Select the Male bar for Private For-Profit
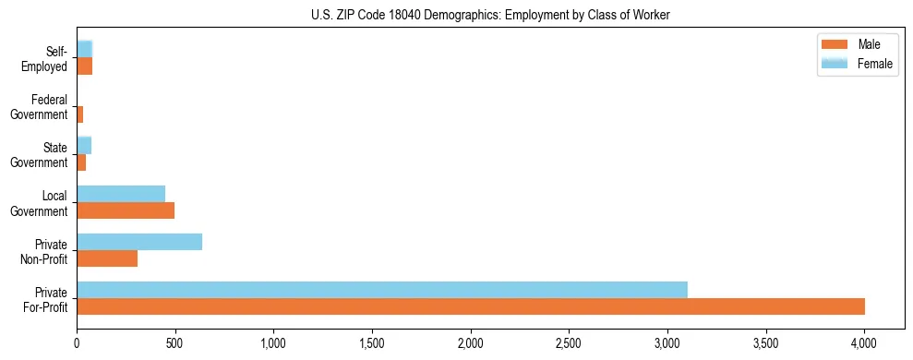(470, 306)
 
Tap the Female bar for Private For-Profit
(381, 289)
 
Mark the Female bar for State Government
(84, 145)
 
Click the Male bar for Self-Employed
(84, 66)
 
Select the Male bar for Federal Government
(80, 114)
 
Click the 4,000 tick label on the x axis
(863, 343)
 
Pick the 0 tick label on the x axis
(77, 343)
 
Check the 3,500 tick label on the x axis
(765, 343)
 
